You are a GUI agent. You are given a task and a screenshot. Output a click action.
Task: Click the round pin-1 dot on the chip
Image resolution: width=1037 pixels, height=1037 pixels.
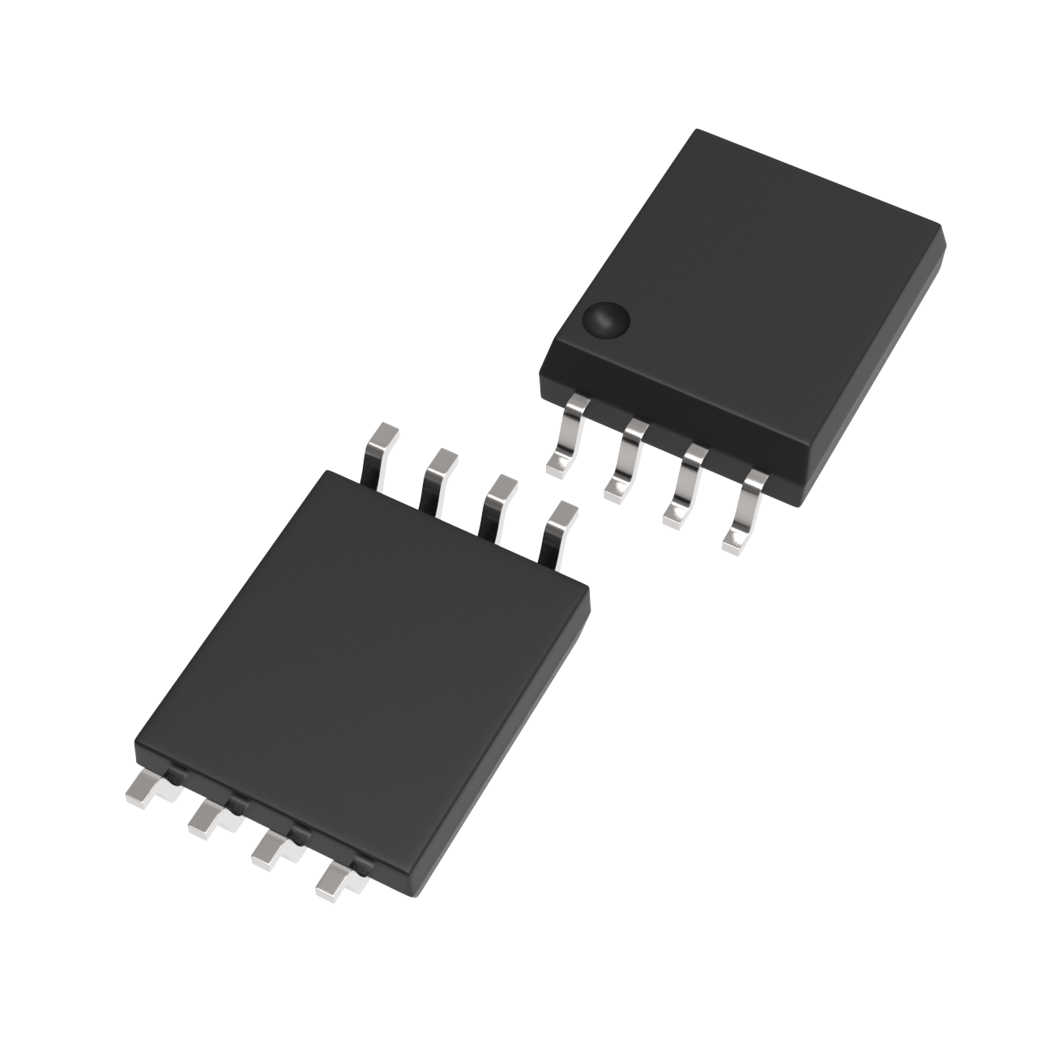(x=607, y=319)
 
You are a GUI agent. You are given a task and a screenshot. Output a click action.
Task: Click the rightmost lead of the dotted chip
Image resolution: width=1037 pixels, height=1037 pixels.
(x=745, y=510)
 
